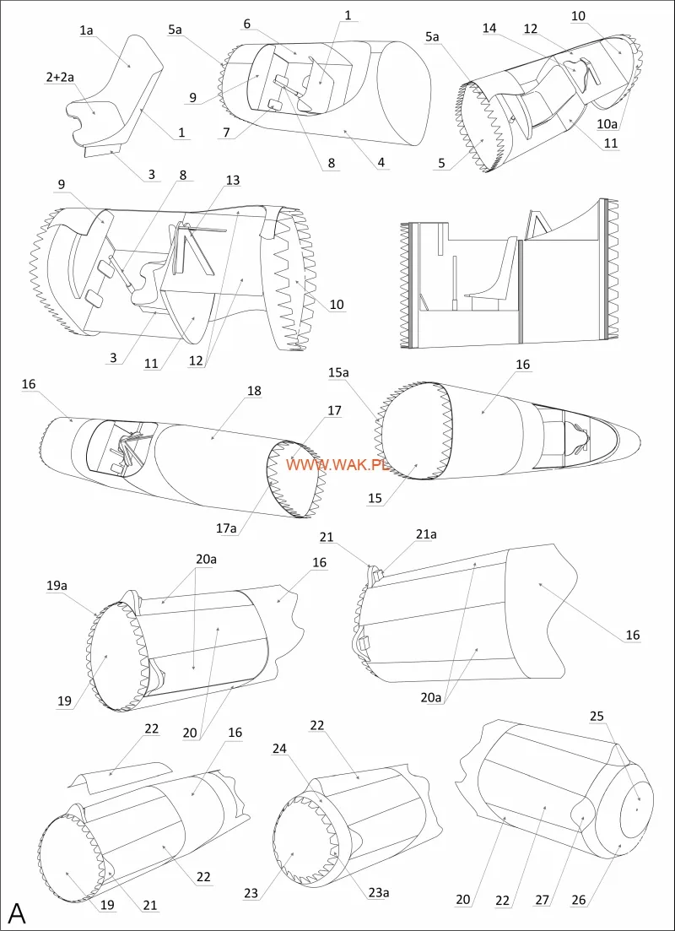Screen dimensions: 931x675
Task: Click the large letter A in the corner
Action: coord(18,912)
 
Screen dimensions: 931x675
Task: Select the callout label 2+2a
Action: coord(59,77)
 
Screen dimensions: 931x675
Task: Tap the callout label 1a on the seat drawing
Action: coord(86,30)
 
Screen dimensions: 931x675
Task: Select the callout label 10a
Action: coord(607,124)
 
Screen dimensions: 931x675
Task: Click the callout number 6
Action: coord(247,24)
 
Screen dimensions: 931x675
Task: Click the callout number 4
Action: coord(384,163)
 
